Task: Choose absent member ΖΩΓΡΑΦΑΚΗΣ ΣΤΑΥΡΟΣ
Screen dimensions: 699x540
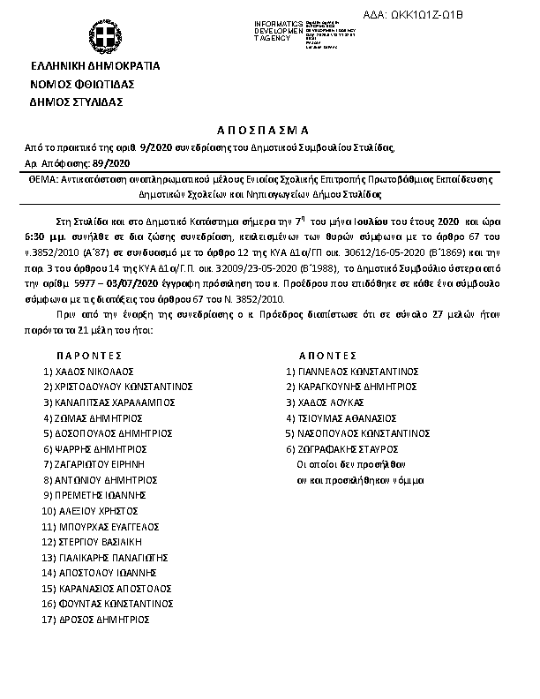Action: (353, 449)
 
